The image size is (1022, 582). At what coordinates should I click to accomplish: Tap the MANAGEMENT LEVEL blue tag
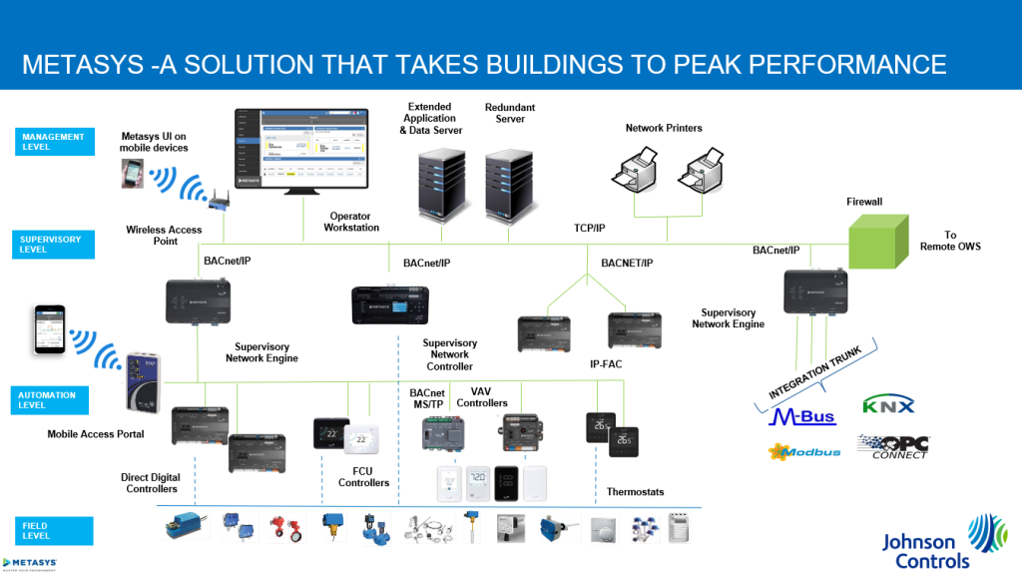tap(56, 142)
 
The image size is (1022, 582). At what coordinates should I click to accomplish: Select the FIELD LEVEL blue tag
tap(56, 530)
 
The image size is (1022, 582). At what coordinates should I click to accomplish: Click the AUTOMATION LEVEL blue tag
tap(56, 400)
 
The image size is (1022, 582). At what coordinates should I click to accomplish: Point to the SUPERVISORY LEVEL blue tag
tap(56, 244)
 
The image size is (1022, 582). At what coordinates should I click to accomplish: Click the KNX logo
tap(887, 405)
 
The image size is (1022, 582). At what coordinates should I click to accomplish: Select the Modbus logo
tap(804, 451)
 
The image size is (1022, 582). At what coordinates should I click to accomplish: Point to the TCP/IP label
tap(590, 229)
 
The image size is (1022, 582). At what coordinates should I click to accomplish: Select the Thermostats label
tap(635, 492)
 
